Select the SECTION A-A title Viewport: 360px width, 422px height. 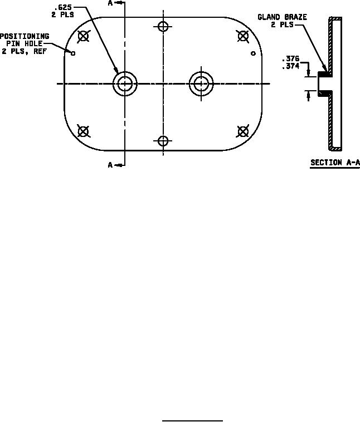(x=334, y=163)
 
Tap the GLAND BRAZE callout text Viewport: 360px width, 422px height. (x=282, y=17)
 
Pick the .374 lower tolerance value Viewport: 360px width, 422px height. (x=290, y=65)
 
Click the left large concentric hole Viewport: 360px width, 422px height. (x=125, y=84)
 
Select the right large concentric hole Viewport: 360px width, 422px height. (x=201, y=84)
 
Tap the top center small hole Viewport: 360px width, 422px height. (x=163, y=26)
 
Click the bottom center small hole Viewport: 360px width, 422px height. (x=163, y=141)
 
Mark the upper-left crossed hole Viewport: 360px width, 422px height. (x=83, y=37)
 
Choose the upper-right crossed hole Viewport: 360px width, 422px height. (x=242, y=37)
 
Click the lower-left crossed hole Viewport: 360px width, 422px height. (x=83, y=131)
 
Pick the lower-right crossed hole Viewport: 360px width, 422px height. (x=242, y=131)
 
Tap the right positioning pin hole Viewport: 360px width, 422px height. (x=253, y=53)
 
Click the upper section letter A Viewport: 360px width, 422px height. (x=110, y=3)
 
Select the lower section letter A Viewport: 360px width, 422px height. (x=110, y=165)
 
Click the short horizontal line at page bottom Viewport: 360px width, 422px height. (x=192, y=421)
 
